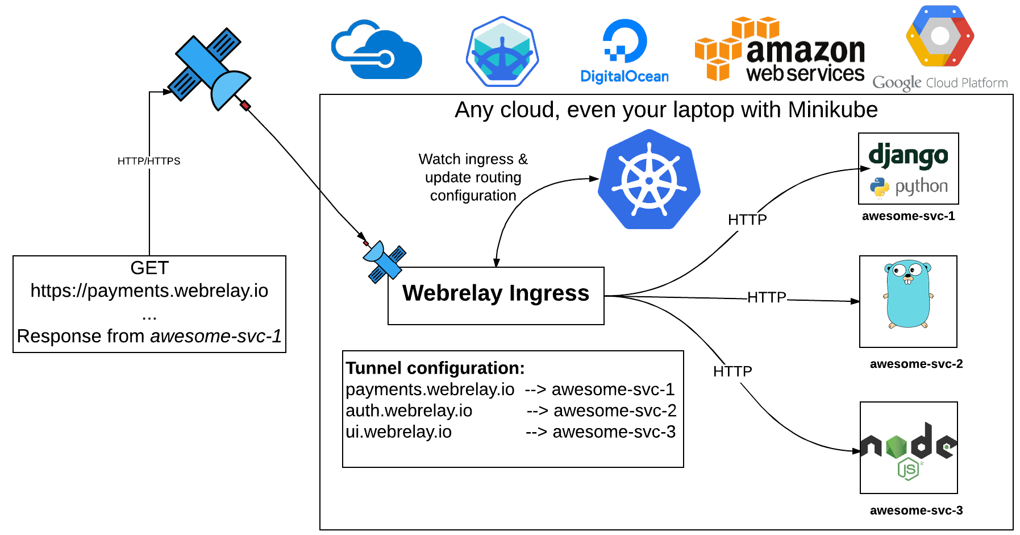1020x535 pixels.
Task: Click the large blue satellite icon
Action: pos(209,69)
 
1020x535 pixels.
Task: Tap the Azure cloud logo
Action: pos(376,51)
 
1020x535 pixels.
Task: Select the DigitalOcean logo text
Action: pos(625,77)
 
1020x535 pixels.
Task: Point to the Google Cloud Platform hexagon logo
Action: pos(940,36)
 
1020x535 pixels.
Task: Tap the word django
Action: pos(908,156)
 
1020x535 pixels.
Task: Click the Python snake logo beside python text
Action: pos(879,187)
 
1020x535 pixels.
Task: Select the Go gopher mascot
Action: pos(908,295)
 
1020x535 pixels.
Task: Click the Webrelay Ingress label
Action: pos(496,293)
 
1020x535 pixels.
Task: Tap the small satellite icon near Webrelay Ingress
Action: pos(385,261)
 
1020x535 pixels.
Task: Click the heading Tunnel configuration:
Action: pos(435,368)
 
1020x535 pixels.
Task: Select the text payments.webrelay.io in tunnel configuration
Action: pos(430,389)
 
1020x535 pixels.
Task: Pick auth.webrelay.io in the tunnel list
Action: pos(409,410)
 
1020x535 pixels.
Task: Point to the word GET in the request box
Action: pos(149,268)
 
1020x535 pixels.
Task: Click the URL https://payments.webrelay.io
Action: pos(149,291)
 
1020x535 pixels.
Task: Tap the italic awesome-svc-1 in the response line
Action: pos(216,336)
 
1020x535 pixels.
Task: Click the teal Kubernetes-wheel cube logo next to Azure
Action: pos(502,52)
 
